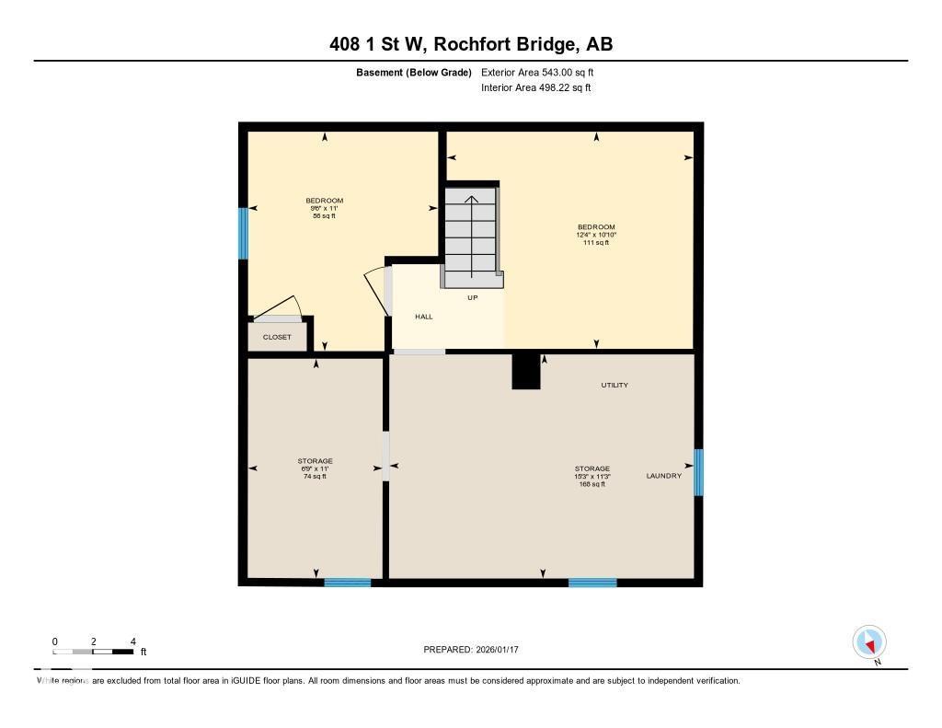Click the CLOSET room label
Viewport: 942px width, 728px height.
(277, 337)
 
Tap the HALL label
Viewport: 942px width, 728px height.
(423, 317)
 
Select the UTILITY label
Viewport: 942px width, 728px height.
(615, 385)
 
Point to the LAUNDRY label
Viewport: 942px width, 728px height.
(663, 476)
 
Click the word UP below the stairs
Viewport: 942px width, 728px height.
(473, 297)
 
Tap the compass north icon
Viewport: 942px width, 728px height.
(869, 641)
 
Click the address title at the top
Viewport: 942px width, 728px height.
(471, 43)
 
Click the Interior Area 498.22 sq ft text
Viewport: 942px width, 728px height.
(535, 88)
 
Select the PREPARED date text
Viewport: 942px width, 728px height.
(471, 650)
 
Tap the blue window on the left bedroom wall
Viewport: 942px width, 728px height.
(244, 234)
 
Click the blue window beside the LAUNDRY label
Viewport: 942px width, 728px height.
(698, 472)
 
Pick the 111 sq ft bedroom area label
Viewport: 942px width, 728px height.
(596, 243)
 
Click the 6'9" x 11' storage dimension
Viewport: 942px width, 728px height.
(315, 468)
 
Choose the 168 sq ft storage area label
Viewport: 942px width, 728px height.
(592, 484)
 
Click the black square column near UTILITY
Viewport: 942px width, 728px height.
(526, 371)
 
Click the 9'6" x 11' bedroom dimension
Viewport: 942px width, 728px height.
(324, 208)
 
